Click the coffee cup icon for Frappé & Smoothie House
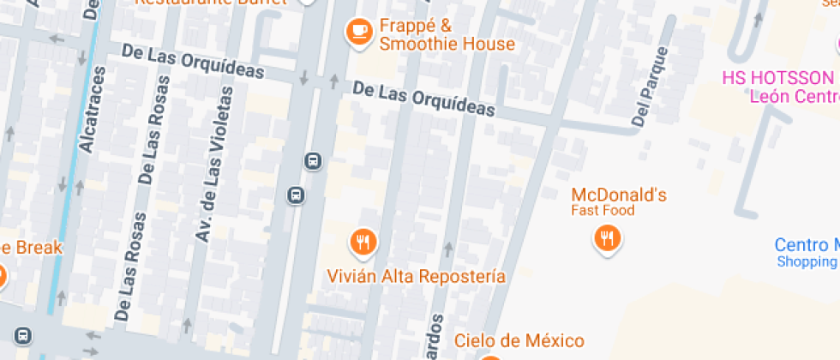tap(357, 32)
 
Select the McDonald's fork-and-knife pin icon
tap(608, 237)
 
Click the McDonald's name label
tap(618, 195)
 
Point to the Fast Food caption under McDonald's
tap(603, 211)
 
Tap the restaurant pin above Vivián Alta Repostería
tap(363, 242)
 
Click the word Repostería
tap(461, 276)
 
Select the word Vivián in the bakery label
tap(350, 276)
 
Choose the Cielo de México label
tap(519, 340)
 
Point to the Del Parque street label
tap(649, 87)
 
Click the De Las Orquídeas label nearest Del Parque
tap(424, 99)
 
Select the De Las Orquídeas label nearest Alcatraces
tap(193, 63)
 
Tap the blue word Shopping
tap(807, 261)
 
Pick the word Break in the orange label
tap(36, 247)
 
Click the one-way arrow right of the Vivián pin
tap(447, 249)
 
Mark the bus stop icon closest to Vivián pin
tap(296, 195)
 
